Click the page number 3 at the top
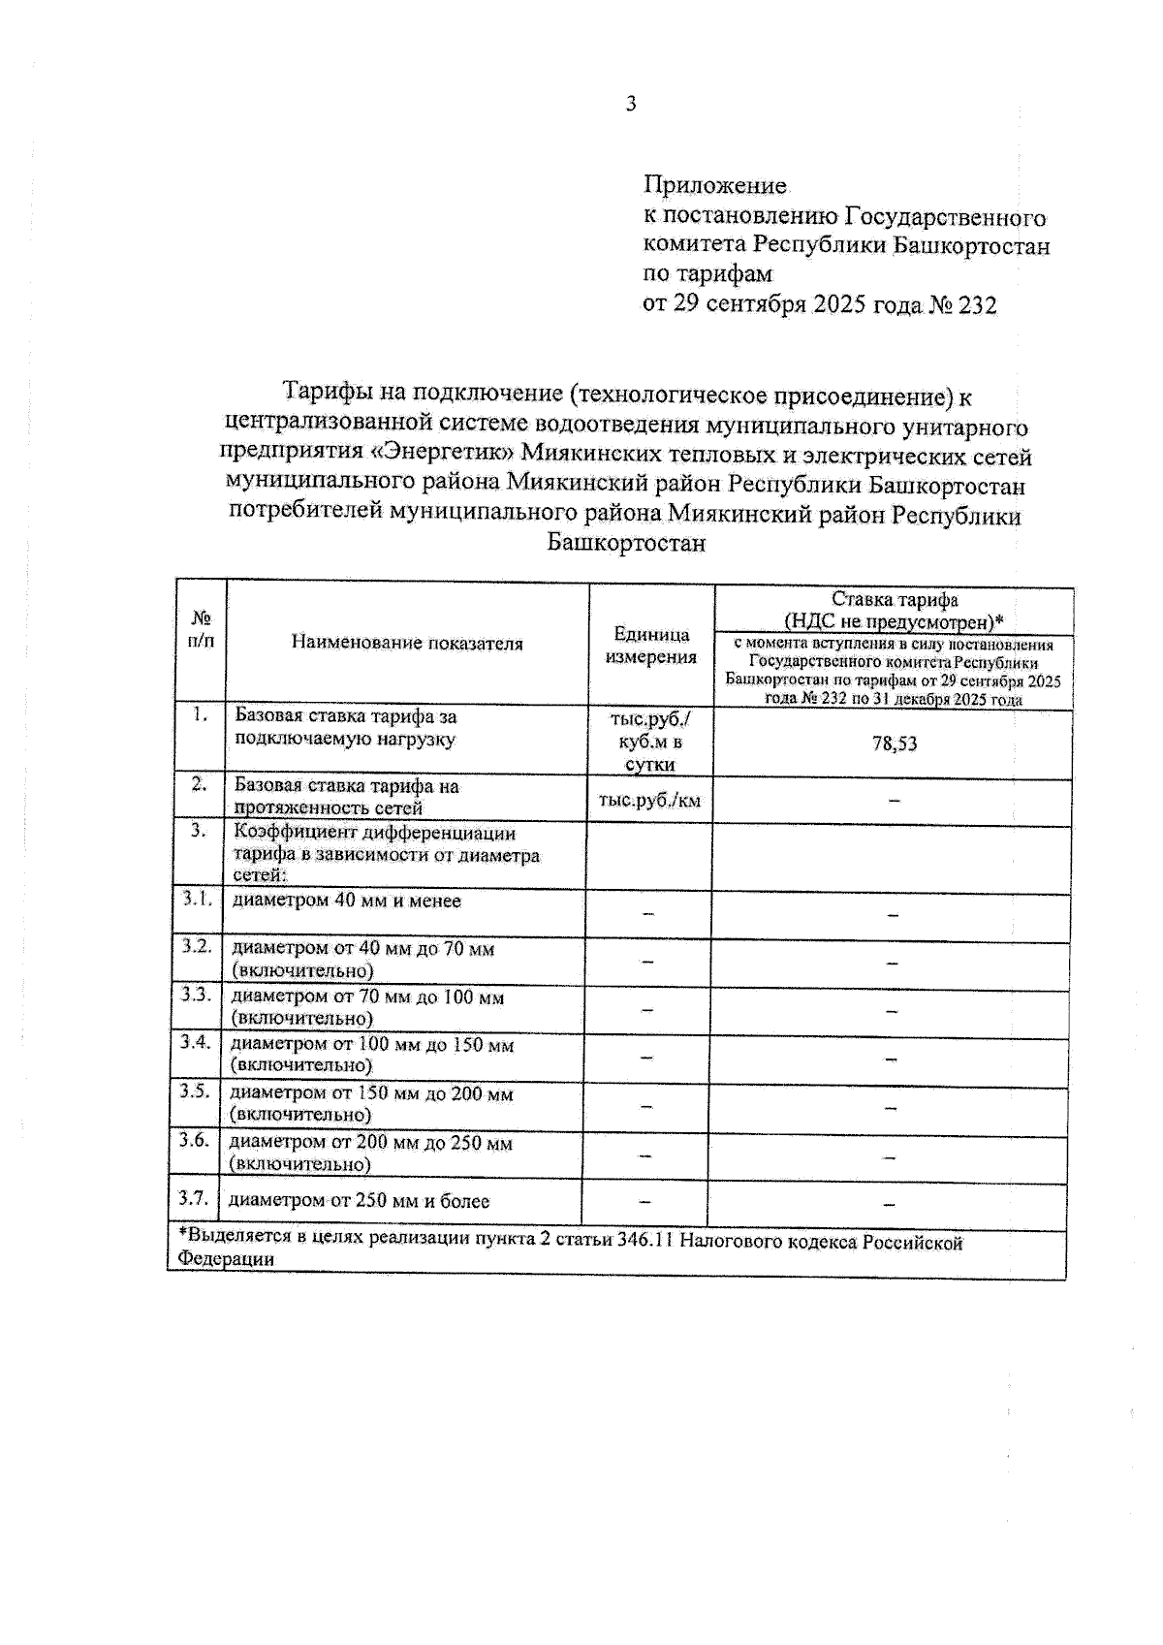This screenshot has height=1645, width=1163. (x=631, y=104)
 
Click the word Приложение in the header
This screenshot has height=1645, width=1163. (x=715, y=185)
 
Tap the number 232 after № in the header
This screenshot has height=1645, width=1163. (x=977, y=305)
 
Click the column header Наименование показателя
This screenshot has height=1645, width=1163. (x=407, y=644)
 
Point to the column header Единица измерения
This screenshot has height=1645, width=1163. (x=651, y=646)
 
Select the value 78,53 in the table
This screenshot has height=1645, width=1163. (x=894, y=743)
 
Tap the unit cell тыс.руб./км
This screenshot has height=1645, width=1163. (x=649, y=801)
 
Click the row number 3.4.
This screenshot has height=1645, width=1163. (x=196, y=1043)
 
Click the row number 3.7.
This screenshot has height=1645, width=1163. (x=194, y=1198)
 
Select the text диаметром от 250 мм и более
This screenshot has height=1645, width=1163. (x=360, y=1201)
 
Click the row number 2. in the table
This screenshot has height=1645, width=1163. (x=199, y=785)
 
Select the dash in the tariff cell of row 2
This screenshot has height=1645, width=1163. (x=894, y=801)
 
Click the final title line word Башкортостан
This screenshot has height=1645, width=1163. (x=627, y=543)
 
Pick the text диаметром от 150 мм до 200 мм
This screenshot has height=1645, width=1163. (x=371, y=1094)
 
